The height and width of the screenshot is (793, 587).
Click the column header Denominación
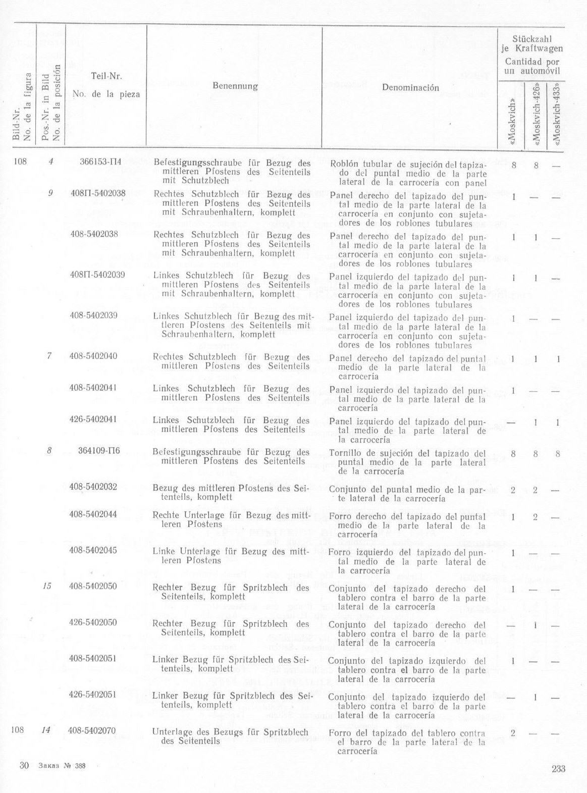410,87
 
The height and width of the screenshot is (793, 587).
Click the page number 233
558,769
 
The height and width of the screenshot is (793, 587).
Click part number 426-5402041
93,419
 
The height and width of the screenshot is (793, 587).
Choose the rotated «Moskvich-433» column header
557,115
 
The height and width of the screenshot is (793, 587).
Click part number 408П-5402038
97,193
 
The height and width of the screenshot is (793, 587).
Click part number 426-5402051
93,694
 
